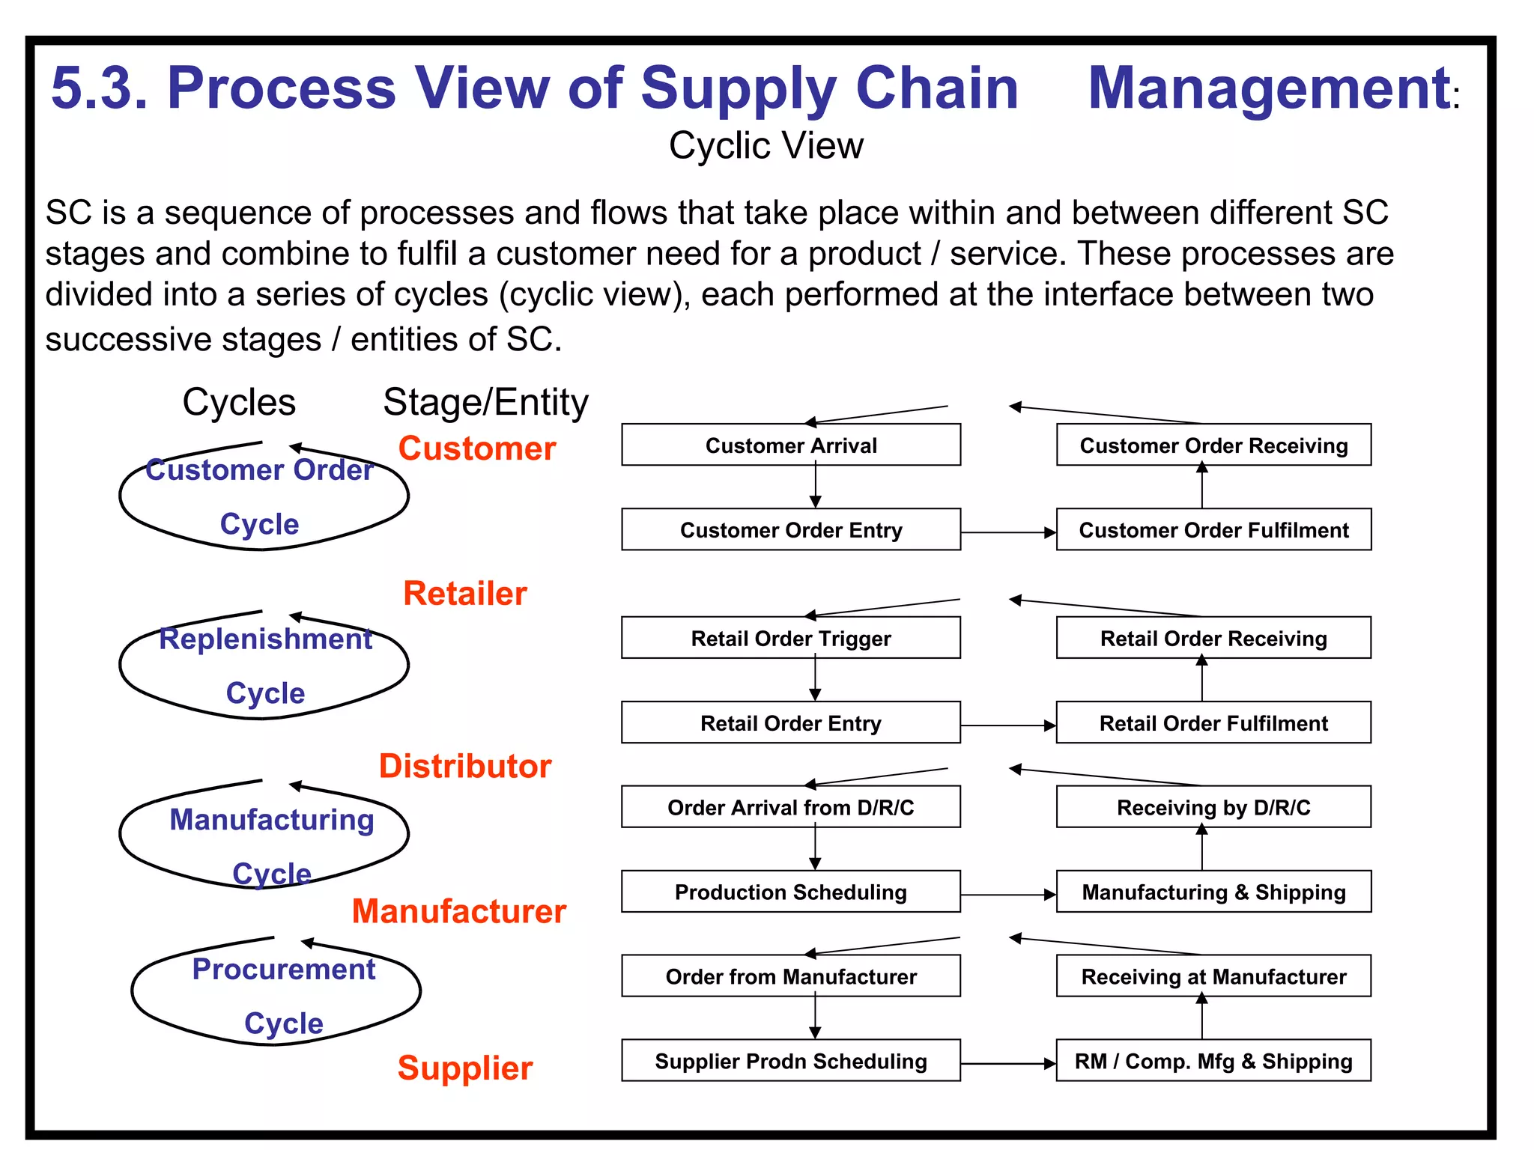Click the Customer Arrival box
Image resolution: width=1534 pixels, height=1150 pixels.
point(791,445)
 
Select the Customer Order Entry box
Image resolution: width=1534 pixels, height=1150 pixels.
point(791,530)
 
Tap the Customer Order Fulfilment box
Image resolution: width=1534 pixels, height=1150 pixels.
point(1213,530)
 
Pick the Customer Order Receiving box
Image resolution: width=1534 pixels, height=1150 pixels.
point(1213,445)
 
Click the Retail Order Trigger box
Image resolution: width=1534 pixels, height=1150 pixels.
point(791,638)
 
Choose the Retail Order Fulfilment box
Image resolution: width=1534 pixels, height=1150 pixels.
point(1213,722)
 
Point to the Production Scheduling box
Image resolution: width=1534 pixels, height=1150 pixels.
point(791,892)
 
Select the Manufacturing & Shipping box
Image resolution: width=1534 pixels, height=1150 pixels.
point(1213,892)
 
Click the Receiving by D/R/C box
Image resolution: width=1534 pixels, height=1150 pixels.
point(1213,807)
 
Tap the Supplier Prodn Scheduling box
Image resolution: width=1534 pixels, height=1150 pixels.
point(791,1061)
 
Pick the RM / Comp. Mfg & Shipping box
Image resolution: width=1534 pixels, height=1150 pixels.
point(1213,1061)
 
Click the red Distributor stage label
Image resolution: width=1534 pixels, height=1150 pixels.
point(465,766)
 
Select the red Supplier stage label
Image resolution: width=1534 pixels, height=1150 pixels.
point(465,1068)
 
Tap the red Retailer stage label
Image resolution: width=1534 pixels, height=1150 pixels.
point(465,594)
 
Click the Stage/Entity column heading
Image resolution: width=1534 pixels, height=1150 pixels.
point(485,403)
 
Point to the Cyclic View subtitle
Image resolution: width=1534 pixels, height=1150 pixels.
point(766,145)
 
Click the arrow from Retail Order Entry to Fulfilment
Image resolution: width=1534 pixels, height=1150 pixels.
point(1007,725)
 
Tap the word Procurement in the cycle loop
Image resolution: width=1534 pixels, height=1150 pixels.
point(284,969)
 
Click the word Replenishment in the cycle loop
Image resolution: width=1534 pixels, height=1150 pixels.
point(266,639)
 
